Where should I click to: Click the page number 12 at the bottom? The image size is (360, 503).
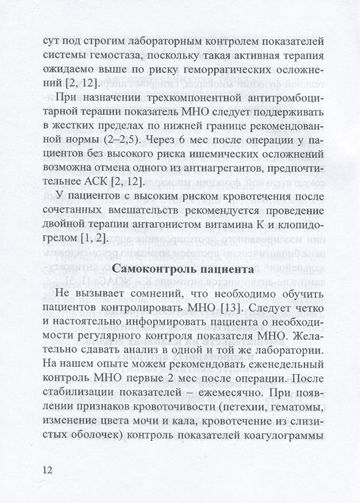click(48, 470)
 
